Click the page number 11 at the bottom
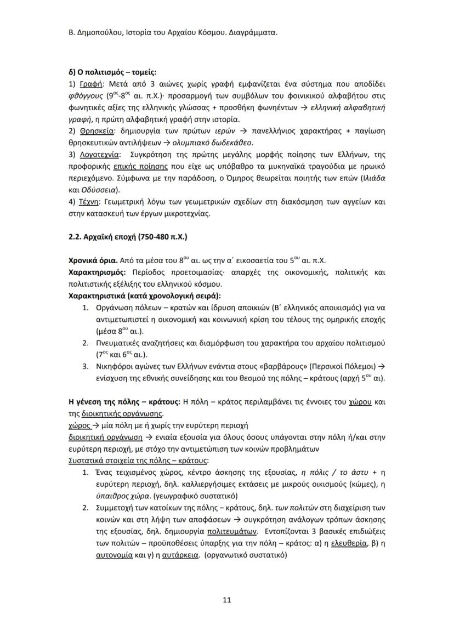(x=227, y=599)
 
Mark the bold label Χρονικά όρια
(x=93, y=260)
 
